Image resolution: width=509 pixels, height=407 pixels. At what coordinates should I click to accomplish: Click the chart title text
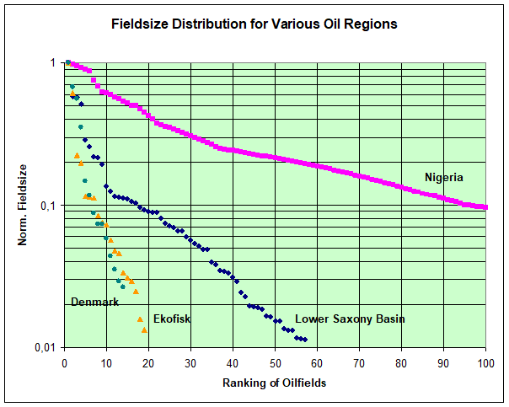tap(254, 24)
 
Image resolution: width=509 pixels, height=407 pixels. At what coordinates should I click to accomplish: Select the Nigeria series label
tap(444, 177)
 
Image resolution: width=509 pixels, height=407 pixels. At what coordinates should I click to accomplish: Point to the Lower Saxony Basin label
tap(350, 319)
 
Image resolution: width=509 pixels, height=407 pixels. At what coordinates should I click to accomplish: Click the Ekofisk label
tap(171, 319)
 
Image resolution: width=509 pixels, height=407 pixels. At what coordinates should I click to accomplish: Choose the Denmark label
tap(94, 302)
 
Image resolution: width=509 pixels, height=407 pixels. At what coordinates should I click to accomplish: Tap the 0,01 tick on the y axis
tap(45, 348)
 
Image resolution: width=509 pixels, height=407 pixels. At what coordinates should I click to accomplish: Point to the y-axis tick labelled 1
tap(52, 63)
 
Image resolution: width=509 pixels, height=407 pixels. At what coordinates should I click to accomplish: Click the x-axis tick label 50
tap(275, 363)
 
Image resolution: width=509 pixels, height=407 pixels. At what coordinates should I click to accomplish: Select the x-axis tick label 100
tap(485, 363)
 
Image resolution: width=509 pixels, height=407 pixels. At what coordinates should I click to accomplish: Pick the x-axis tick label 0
tap(64, 363)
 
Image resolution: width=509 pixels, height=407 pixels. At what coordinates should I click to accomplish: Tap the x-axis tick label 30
tap(190, 363)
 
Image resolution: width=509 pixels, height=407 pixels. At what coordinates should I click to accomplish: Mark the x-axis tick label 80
tap(401, 363)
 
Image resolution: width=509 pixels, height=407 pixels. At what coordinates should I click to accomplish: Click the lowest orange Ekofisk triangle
tap(144, 329)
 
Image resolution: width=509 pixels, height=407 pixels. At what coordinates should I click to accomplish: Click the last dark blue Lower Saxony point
tap(305, 340)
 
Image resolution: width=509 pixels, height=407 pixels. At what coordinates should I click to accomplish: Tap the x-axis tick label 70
tap(359, 363)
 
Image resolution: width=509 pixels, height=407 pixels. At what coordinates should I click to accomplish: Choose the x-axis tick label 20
tap(148, 363)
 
